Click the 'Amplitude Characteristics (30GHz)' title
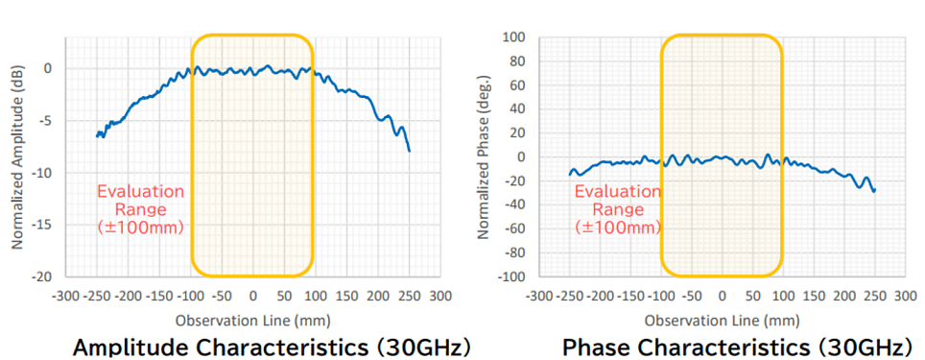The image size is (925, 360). [x=272, y=346]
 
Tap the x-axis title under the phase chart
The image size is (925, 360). [x=722, y=318]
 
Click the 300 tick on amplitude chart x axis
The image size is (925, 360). [x=439, y=296]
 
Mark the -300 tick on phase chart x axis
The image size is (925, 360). [x=539, y=296]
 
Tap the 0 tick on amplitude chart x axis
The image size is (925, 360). [x=252, y=296]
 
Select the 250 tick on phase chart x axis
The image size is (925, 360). [x=874, y=296]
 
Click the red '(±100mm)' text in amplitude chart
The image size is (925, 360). [x=140, y=227]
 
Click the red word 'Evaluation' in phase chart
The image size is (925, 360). [x=618, y=191]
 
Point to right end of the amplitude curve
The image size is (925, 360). [x=410, y=151]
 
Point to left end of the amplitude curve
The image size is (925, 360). [x=97, y=135]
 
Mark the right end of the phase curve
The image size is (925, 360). [x=874, y=191]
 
